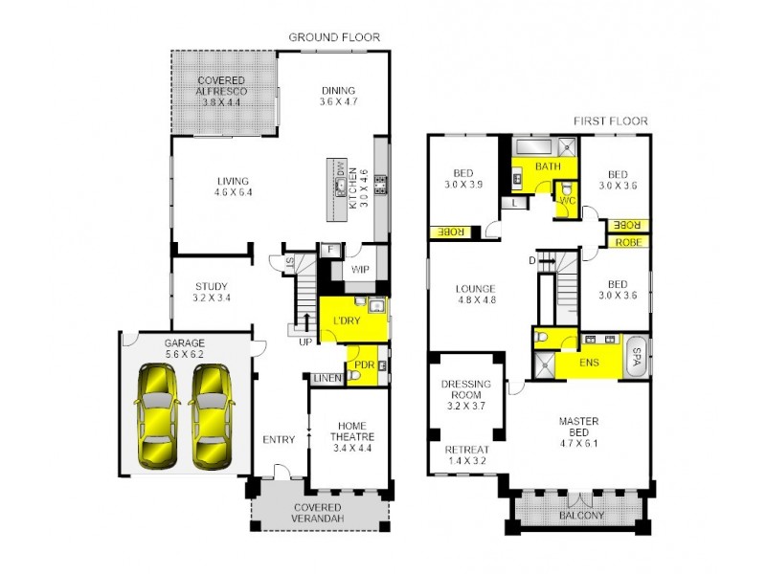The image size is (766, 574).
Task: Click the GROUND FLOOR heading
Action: coord(334,37)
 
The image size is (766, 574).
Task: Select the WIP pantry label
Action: coord(360,270)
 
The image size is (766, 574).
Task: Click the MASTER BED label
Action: coord(578,426)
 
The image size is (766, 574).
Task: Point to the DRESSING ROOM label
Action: coord(466,389)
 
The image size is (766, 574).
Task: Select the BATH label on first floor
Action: coord(547,166)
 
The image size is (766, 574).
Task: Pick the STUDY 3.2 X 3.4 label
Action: coord(212,291)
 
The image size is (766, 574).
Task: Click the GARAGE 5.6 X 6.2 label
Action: coord(157,346)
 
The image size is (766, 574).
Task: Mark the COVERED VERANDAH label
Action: coord(318,513)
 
